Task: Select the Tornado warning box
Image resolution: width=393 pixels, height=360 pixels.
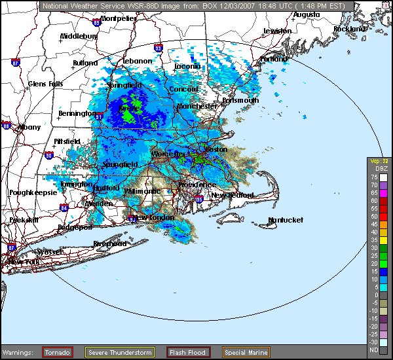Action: click(58, 352)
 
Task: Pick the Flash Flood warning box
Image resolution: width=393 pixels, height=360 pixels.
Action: click(188, 352)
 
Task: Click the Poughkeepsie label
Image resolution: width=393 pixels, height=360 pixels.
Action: click(29, 192)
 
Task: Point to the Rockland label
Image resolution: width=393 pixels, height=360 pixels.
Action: click(349, 29)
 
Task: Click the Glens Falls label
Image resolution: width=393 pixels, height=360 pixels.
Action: click(45, 84)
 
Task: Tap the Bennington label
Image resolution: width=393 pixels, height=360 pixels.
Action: click(76, 113)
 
